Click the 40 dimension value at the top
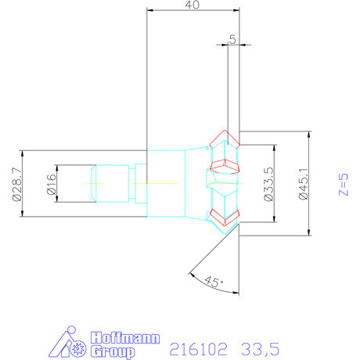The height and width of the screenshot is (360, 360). click(x=192, y=5)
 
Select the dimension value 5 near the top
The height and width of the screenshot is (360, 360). click(x=232, y=38)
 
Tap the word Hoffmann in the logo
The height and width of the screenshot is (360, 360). click(x=126, y=338)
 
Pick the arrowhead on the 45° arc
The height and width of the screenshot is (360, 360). click(x=190, y=274)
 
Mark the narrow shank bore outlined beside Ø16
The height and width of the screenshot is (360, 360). click(x=110, y=182)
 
